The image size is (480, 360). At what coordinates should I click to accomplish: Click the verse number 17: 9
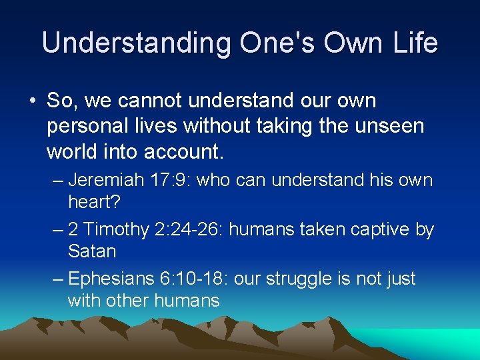[x=175, y=180]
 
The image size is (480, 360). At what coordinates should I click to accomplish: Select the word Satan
[x=92, y=251]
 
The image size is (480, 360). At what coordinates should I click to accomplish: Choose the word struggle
[x=309, y=279]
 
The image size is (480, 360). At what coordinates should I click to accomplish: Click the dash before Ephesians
[x=57, y=279]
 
